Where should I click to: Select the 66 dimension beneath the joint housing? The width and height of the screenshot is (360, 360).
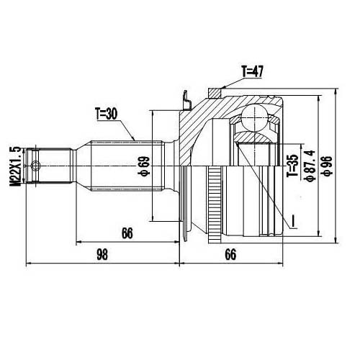(x=230, y=253)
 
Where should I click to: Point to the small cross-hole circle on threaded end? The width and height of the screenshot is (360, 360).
(x=36, y=166)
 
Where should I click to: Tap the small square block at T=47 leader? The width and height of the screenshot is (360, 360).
(x=213, y=91)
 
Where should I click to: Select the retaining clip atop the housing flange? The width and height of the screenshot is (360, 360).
(x=186, y=99)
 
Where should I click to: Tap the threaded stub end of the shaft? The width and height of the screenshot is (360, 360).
(x=50, y=165)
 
